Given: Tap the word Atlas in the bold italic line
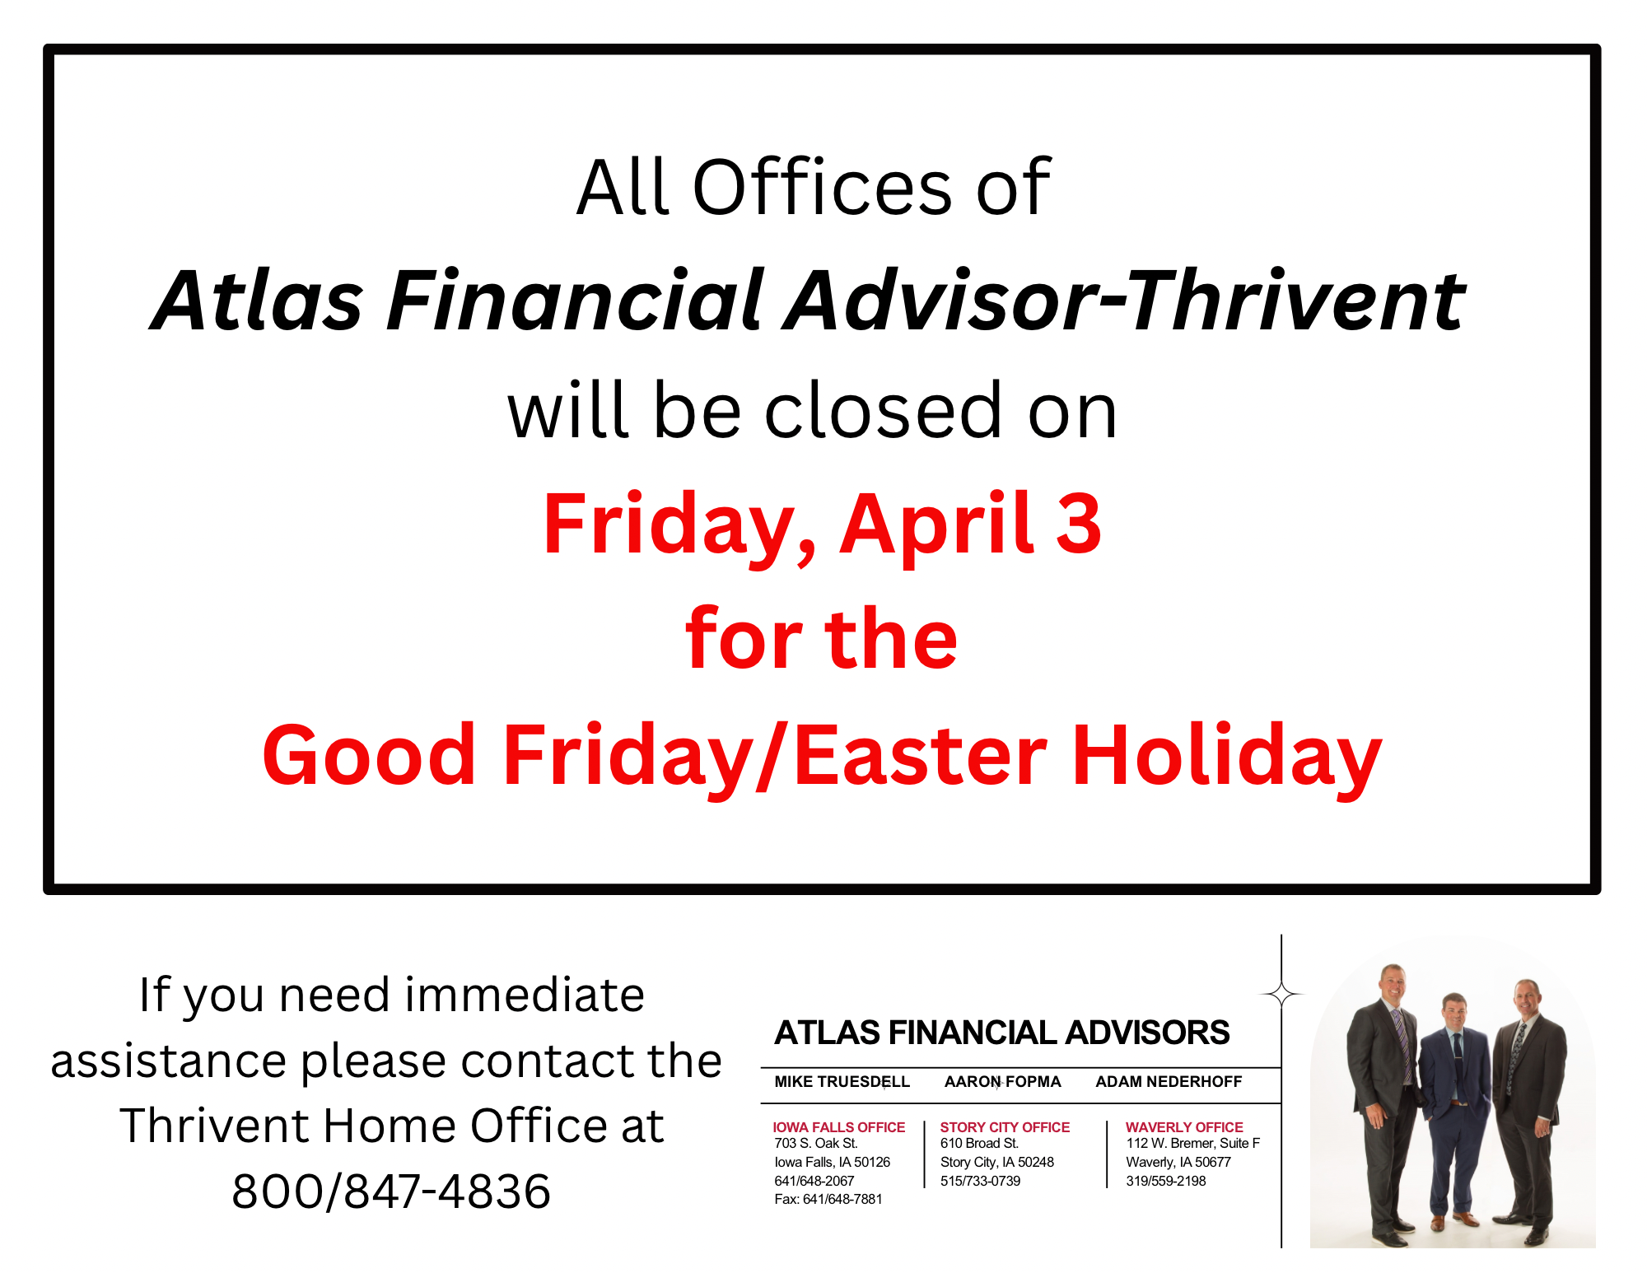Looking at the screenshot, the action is [x=258, y=301].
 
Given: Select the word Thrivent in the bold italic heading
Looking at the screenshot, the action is [x=1297, y=301].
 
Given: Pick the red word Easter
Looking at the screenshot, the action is [x=921, y=755].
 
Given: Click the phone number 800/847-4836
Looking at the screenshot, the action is [x=391, y=1191].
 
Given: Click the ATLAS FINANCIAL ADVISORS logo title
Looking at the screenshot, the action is [x=1002, y=1033].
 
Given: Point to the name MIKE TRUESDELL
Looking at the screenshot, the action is [x=842, y=1082].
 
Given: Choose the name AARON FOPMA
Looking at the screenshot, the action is [x=1002, y=1082].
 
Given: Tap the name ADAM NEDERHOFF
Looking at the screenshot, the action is [x=1169, y=1082].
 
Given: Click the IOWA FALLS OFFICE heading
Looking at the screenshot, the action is [x=838, y=1127].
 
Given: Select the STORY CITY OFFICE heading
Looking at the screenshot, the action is [x=1005, y=1127].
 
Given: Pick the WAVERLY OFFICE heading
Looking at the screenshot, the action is [x=1184, y=1127].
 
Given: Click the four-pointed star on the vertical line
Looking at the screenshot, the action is [x=1281, y=995].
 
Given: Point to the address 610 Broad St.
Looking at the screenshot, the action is [x=980, y=1144].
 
